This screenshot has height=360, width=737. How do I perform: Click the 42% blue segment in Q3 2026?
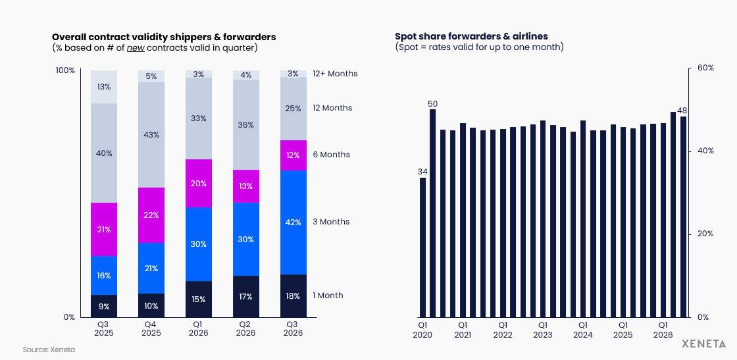293,222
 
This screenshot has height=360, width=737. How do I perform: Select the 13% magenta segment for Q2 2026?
246,186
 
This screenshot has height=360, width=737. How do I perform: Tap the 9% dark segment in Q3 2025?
104,306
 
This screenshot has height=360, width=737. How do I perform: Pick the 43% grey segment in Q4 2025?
151,135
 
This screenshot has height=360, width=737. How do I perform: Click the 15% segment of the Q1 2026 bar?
199,299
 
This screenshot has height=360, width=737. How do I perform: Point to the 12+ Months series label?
335,74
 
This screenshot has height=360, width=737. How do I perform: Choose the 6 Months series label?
332,155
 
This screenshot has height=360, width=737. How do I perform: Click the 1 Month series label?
328,296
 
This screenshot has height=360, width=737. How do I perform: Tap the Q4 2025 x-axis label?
151,328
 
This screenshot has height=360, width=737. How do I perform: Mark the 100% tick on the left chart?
65,70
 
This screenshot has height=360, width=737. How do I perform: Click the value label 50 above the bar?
433,104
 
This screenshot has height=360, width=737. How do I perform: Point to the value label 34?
422,172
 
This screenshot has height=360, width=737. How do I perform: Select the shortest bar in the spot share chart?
422,247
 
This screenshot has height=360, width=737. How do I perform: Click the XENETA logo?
703,344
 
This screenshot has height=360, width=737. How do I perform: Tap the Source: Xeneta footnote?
49,349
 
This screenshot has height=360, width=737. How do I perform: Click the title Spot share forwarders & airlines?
471,36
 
